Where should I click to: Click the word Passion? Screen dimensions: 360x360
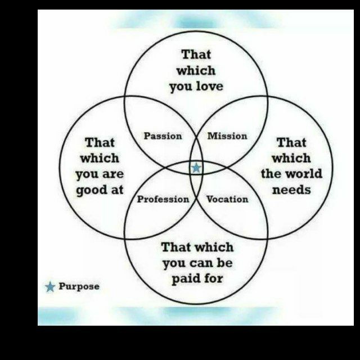click(x=163, y=136)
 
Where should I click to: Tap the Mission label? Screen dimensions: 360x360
click(x=227, y=136)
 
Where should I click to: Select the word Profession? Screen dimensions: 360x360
click(x=163, y=199)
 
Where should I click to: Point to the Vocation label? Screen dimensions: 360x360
click(x=227, y=199)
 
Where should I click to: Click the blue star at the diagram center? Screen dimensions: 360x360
click(x=196, y=168)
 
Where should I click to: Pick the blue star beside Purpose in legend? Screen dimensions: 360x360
click(x=50, y=287)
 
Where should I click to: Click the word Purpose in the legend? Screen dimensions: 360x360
click(x=79, y=286)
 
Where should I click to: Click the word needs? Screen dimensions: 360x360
click(x=291, y=190)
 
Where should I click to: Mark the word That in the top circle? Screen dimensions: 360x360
click(x=196, y=55)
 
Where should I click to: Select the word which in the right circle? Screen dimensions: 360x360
click(x=291, y=158)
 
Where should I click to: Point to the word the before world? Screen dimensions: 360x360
click(x=271, y=174)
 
